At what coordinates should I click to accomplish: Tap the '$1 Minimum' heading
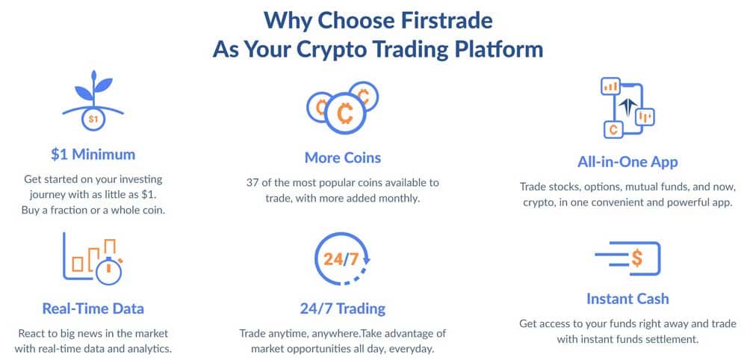[93, 155]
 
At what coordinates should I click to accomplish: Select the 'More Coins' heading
[343, 158]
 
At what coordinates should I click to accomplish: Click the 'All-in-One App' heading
[627, 162]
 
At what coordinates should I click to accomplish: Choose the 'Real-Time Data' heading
[93, 308]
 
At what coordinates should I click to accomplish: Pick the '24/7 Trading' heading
[343, 308]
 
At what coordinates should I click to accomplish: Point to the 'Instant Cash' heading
[627, 299]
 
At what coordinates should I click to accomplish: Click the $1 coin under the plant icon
[93, 119]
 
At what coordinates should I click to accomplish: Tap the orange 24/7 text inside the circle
[341, 259]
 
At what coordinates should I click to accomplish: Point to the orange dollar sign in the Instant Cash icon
[637, 258]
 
